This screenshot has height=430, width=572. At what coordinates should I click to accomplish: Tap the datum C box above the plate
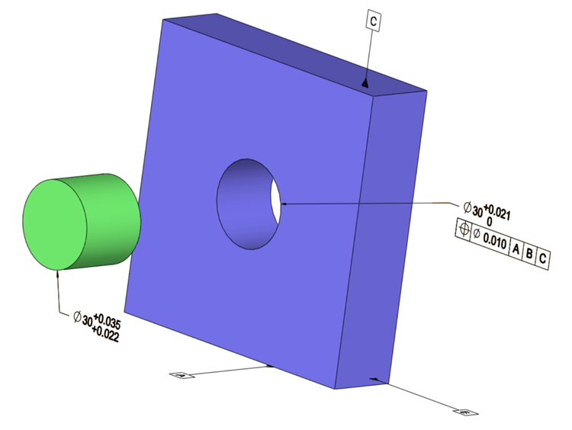(x=374, y=21)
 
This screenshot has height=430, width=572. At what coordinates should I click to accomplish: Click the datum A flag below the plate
(x=181, y=375)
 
